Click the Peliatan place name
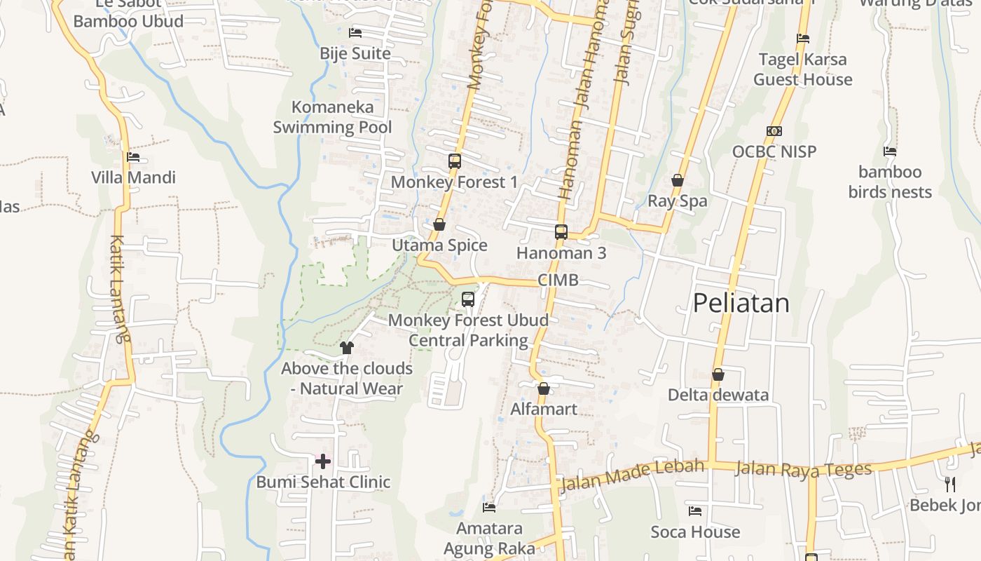tap(741, 303)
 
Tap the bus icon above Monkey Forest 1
tap(454, 161)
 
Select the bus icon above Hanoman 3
tap(561, 232)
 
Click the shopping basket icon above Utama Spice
tap(439, 225)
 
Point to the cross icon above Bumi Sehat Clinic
tap(323, 461)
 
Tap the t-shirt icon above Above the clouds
tap(347, 347)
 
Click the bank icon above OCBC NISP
tap(774, 131)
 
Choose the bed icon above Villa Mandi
tap(133, 157)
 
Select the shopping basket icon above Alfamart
tap(544, 388)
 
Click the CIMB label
tap(558, 280)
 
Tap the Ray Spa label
tap(677, 201)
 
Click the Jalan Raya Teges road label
tap(803, 468)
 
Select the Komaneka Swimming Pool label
tap(332, 117)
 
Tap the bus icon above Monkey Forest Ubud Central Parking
tap(468, 299)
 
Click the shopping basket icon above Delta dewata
tap(718, 374)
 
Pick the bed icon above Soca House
tap(695, 511)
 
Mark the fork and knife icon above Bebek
tap(950, 484)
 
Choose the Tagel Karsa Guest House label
tap(802, 69)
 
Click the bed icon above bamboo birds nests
tap(890, 151)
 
